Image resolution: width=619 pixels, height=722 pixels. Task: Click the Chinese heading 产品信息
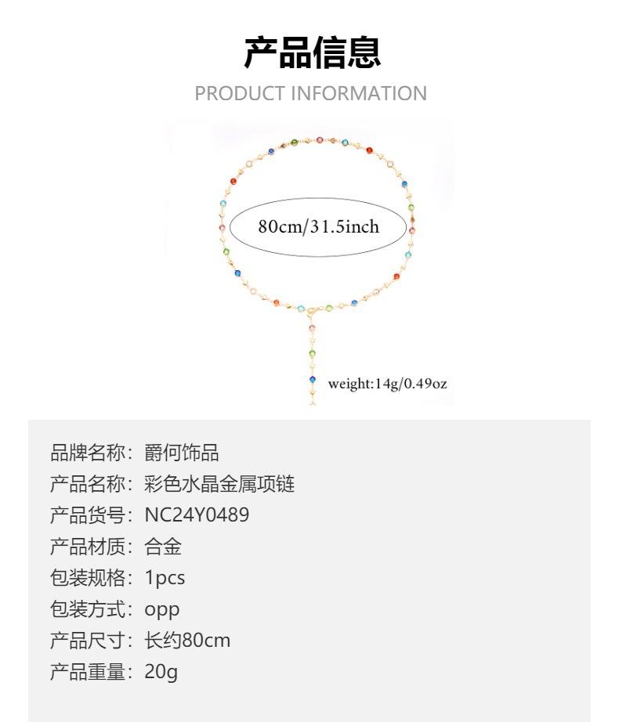(x=312, y=52)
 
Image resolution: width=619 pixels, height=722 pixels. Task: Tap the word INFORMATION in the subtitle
(x=359, y=94)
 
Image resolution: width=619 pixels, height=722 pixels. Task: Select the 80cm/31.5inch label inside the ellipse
(x=318, y=227)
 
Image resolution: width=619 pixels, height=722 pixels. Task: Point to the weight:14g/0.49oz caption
(x=387, y=384)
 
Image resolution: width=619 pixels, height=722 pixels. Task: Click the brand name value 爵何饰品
(x=182, y=453)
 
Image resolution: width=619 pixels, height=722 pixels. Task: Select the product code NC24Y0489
(x=197, y=515)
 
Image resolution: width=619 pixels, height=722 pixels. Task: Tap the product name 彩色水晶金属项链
(x=219, y=484)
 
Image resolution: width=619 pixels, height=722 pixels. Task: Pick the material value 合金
(x=163, y=547)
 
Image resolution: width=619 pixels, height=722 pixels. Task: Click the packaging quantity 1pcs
(x=165, y=578)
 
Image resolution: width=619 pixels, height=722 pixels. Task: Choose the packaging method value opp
(x=162, y=610)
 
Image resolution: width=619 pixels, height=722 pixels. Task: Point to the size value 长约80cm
(x=187, y=641)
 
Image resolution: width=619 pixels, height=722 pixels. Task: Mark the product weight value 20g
(x=161, y=672)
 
